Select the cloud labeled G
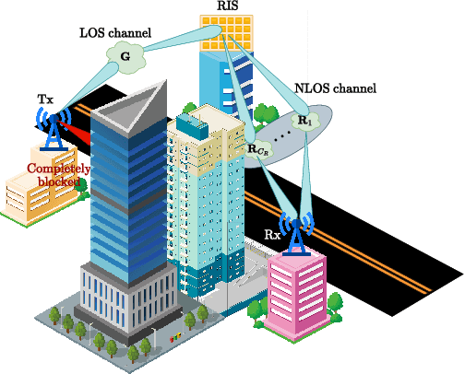pyautogui.click(x=125, y=57)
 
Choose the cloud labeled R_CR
pyautogui.click(x=258, y=148)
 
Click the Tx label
pyautogui.click(x=44, y=99)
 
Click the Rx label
pyautogui.click(x=272, y=236)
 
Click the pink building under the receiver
pyautogui.click(x=298, y=295)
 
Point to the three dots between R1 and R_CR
pyautogui.click(x=282, y=134)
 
